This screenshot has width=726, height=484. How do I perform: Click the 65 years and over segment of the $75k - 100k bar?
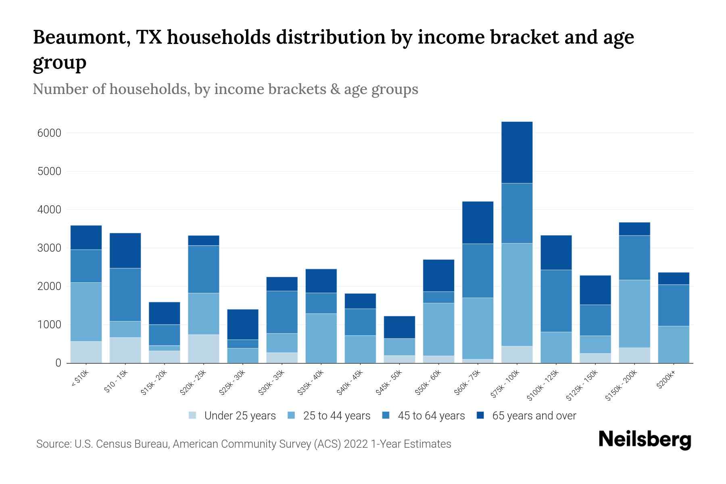click(x=517, y=152)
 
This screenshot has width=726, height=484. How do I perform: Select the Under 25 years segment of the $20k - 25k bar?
click(x=203, y=349)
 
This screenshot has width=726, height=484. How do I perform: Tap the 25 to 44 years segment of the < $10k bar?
click(x=86, y=312)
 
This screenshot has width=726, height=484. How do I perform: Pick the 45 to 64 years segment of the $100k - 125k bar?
click(x=556, y=301)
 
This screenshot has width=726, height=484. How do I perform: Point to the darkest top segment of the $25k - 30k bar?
click(x=242, y=324)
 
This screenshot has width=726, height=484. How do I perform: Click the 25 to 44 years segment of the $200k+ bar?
click(x=673, y=344)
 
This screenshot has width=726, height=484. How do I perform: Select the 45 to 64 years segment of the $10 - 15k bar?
click(x=125, y=294)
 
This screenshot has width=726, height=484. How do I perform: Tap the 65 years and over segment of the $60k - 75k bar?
click(x=478, y=222)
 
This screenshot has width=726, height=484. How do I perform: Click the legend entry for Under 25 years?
click(x=240, y=416)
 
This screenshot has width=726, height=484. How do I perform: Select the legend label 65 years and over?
click(x=534, y=416)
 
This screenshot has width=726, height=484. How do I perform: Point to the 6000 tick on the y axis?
click(x=49, y=133)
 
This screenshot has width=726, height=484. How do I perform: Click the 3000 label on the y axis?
click(x=49, y=248)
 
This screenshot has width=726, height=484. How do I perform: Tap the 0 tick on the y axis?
click(x=58, y=363)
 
